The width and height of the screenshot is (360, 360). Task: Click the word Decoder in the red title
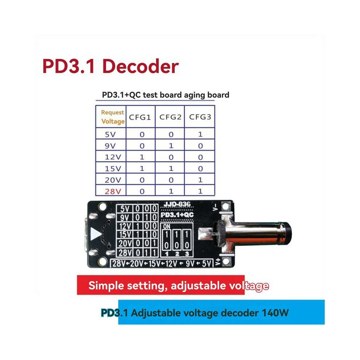click(x=140, y=66)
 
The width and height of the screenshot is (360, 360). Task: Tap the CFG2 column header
click(x=170, y=117)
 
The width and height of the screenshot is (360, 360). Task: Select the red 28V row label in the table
click(x=113, y=191)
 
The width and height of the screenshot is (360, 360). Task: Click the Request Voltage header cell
click(x=113, y=117)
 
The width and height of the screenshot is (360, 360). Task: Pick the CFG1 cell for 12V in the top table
click(x=142, y=157)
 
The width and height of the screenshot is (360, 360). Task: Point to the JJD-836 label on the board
click(x=177, y=204)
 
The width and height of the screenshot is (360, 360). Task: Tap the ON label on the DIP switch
click(x=167, y=227)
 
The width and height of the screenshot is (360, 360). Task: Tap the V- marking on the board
click(x=215, y=207)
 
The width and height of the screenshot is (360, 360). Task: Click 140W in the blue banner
click(x=275, y=313)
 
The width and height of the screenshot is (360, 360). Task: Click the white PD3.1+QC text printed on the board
click(x=177, y=215)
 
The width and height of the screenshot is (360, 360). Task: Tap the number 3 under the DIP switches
click(x=187, y=254)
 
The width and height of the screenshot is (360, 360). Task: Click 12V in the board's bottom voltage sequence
click(x=171, y=264)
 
